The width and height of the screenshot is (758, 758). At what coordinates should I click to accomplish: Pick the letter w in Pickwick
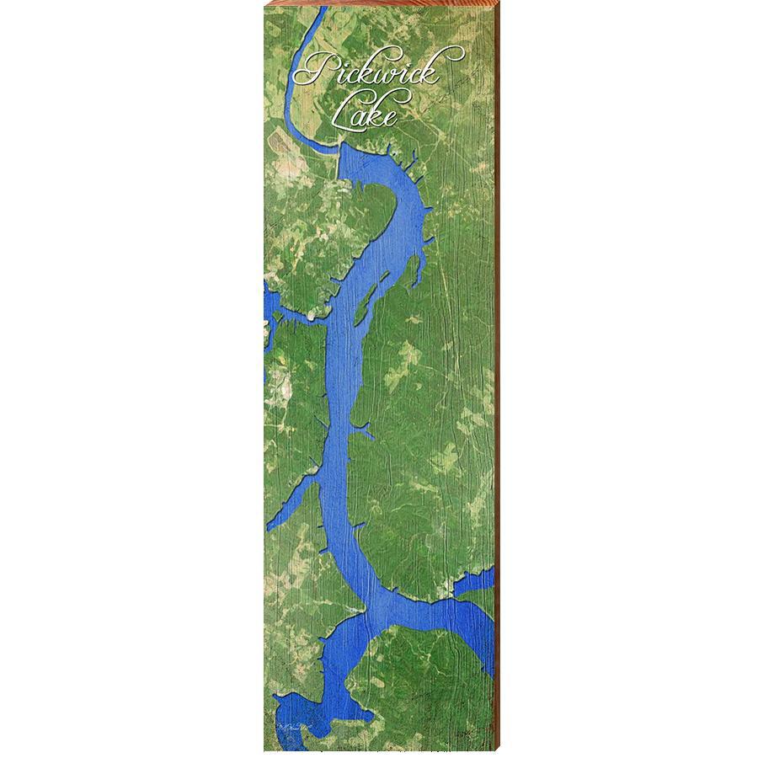point(390,74)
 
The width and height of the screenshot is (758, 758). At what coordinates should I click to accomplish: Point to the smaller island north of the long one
point(414,270)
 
